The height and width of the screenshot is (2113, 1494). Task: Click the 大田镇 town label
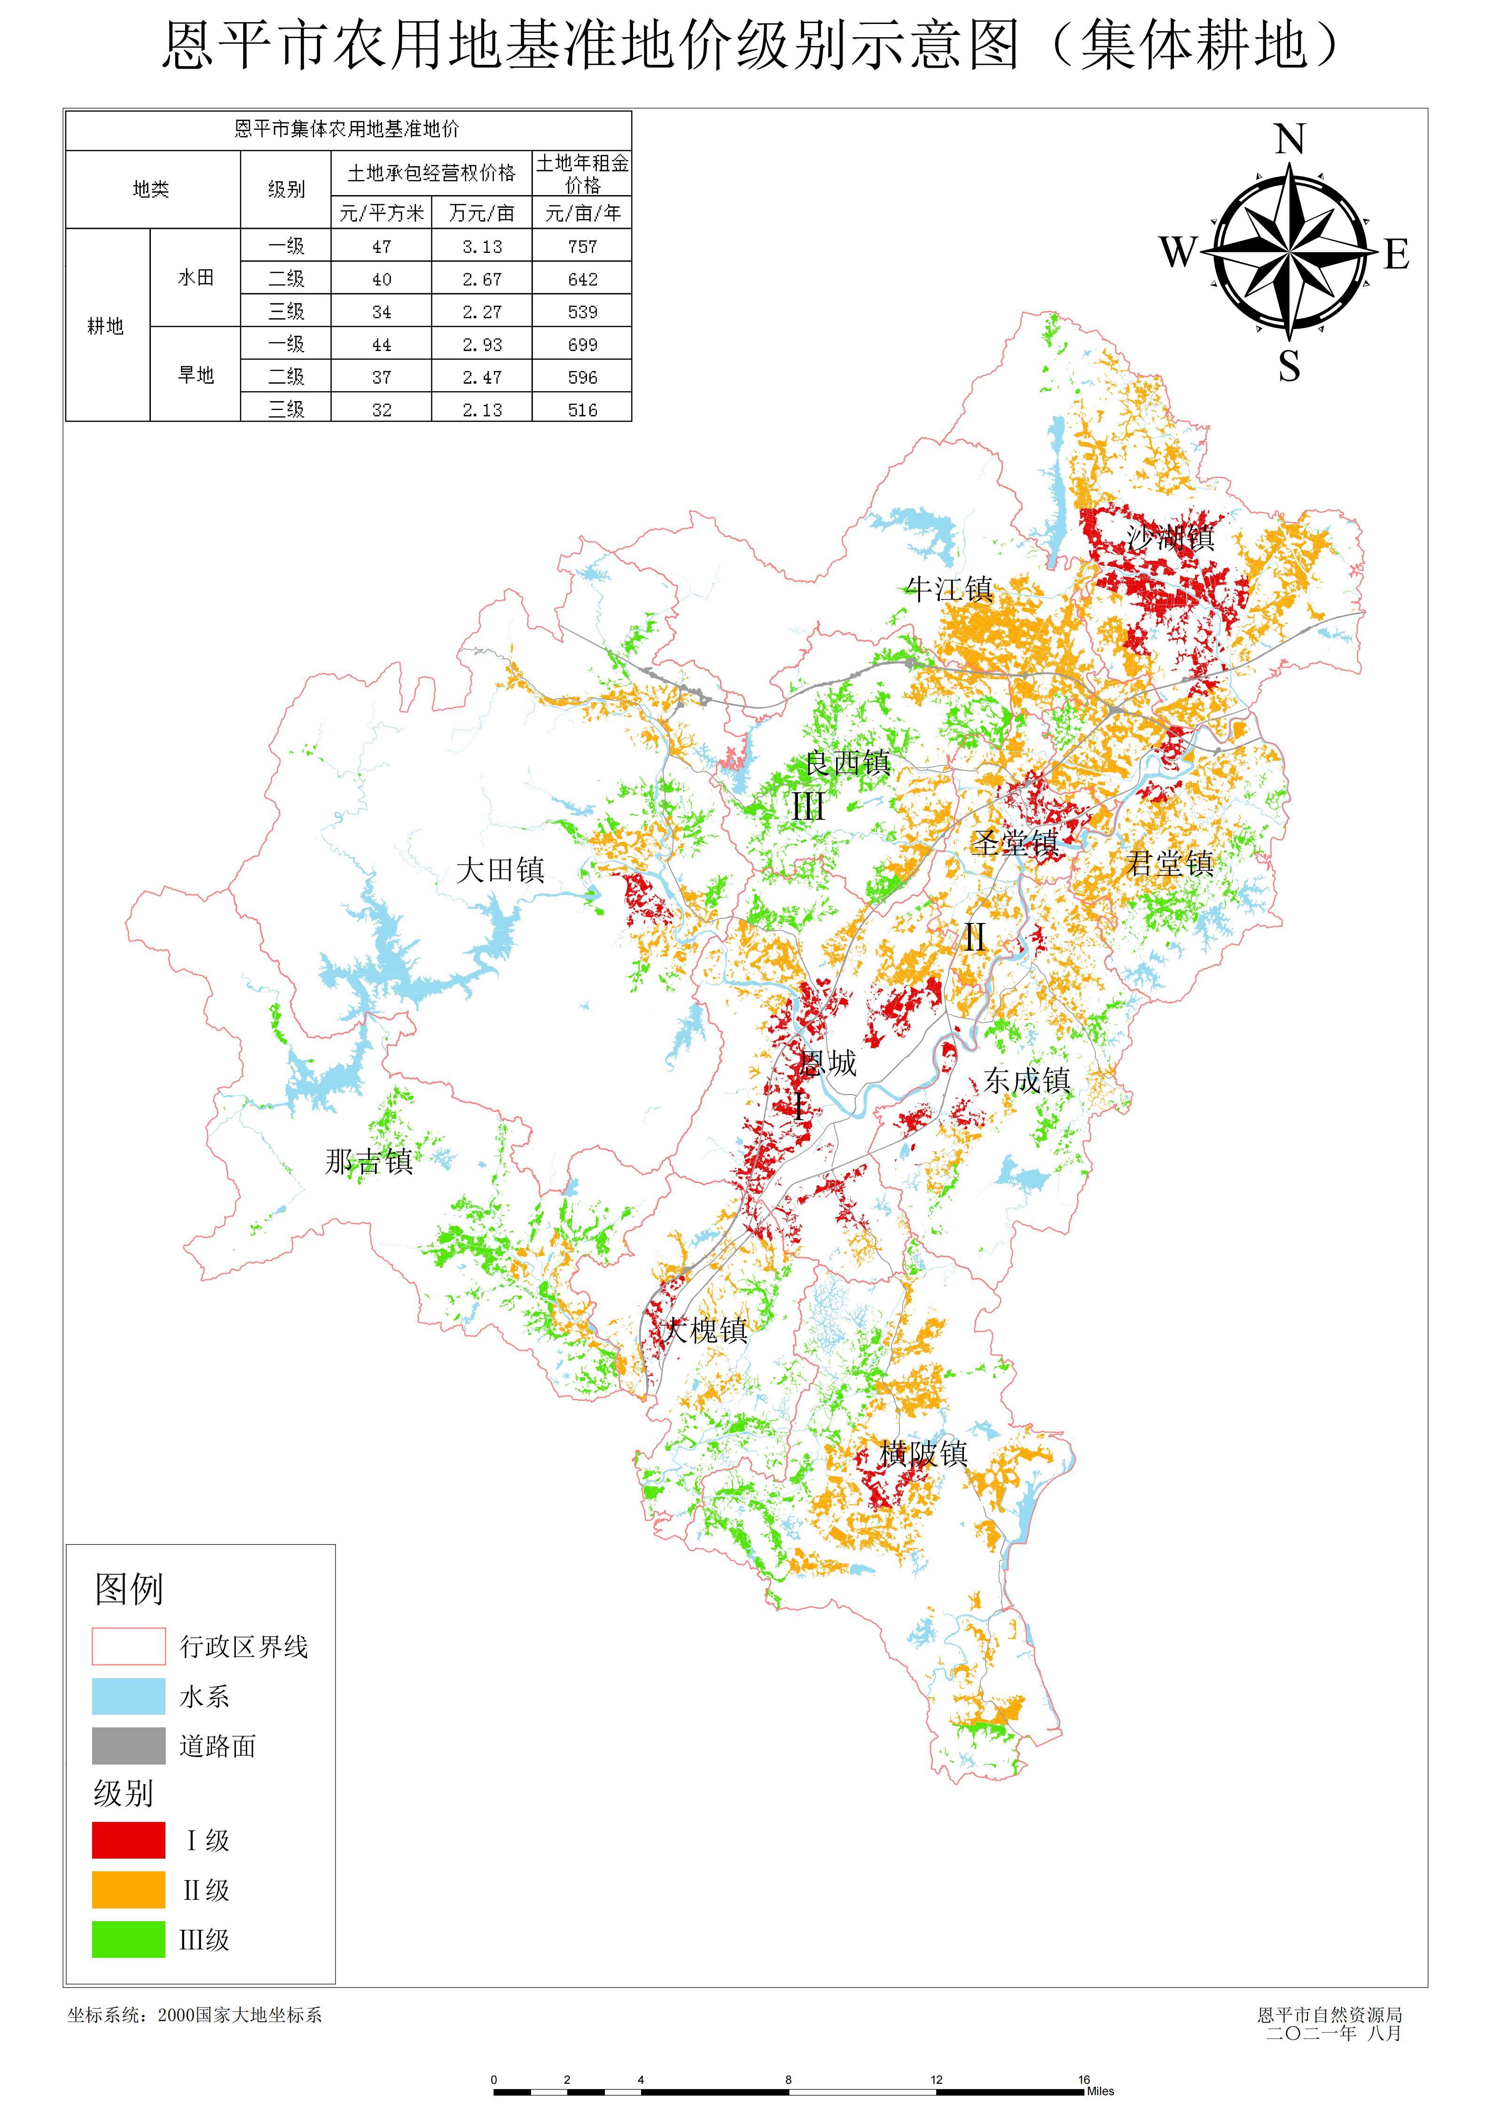click(501, 870)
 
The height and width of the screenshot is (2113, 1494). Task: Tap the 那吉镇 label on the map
click(369, 1161)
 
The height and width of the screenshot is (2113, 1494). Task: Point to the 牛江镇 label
click(949, 589)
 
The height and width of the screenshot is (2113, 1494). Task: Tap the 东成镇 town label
click(1027, 1080)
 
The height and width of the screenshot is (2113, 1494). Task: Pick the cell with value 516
click(582, 410)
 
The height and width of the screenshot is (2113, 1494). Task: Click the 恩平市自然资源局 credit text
click(1330, 2015)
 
